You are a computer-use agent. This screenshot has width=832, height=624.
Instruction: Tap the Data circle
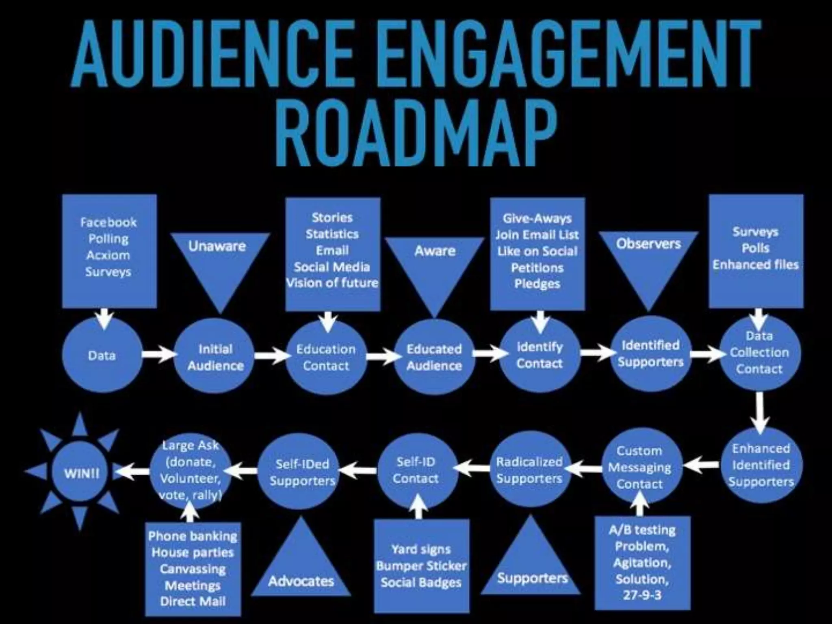point(102,355)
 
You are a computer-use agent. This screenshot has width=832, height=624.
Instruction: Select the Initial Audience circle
point(215,357)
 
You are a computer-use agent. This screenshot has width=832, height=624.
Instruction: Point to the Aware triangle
point(434,264)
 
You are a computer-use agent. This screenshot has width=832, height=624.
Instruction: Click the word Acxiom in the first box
point(108,255)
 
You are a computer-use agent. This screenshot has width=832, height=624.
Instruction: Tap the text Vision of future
point(332,283)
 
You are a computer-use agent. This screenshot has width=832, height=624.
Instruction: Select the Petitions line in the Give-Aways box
point(537,268)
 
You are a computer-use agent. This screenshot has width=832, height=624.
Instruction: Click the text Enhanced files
point(756,264)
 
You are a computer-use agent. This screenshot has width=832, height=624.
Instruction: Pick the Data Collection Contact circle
point(759,353)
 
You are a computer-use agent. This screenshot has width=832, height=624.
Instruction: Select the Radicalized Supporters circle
point(529,470)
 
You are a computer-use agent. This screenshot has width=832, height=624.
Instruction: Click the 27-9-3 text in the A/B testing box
point(642,595)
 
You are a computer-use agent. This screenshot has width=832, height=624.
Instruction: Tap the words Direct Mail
point(193,601)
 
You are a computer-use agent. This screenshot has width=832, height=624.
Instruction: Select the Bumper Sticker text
point(421,566)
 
